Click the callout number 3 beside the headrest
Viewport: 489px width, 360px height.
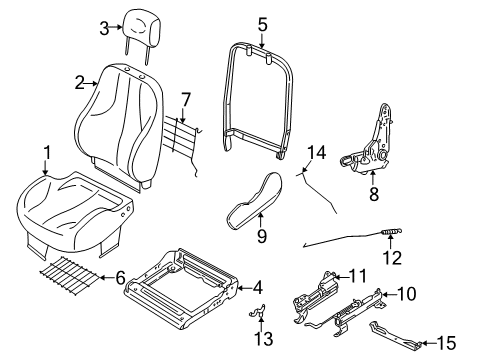point(104,28)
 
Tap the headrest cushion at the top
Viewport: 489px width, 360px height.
point(142,28)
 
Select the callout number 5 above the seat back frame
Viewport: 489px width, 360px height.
point(263,24)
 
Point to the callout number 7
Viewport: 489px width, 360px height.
point(186,100)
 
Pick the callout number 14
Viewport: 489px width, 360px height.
point(316,152)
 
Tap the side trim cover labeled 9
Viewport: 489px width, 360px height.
point(255,201)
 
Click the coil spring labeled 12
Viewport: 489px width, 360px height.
point(391,231)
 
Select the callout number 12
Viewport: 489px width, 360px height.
point(392,257)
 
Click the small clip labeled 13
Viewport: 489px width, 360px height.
point(258,311)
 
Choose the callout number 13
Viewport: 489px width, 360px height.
point(264,339)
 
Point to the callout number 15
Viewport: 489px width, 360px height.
point(446,343)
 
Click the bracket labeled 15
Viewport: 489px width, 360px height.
point(395,335)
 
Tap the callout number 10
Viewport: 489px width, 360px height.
point(407,294)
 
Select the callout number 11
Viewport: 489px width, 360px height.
point(358,276)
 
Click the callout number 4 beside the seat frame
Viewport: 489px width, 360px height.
point(257,288)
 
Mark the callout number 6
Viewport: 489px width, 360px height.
point(120,277)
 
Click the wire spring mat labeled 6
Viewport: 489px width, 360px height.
point(70,276)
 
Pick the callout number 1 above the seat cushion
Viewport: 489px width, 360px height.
point(47,153)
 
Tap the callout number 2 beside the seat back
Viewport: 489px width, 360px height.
point(80,83)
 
